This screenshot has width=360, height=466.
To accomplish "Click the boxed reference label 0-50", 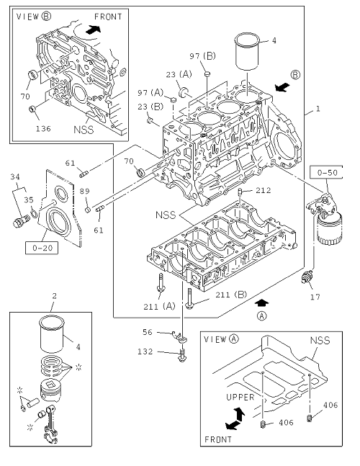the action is pyautogui.click(x=327, y=172).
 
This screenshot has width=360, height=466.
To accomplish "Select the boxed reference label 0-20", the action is pyautogui.click(x=42, y=248).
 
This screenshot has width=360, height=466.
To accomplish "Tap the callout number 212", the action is pyautogui.click(x=264, y=190).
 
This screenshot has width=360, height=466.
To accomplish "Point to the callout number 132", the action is pyautogui.click(x=145, y=351).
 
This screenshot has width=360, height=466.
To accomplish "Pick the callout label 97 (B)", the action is pyautogui.click(x=202, y=56).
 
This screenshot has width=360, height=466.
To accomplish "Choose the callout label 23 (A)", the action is pyautogui.click(x=179, y=74).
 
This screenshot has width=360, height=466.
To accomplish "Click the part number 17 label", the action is pyautogui.click(x=315, y=297).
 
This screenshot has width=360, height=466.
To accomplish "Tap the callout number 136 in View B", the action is pyautogui.click(x=43, y=129).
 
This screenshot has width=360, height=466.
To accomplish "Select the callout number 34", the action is pyautogui.click(x=15, y=177).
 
